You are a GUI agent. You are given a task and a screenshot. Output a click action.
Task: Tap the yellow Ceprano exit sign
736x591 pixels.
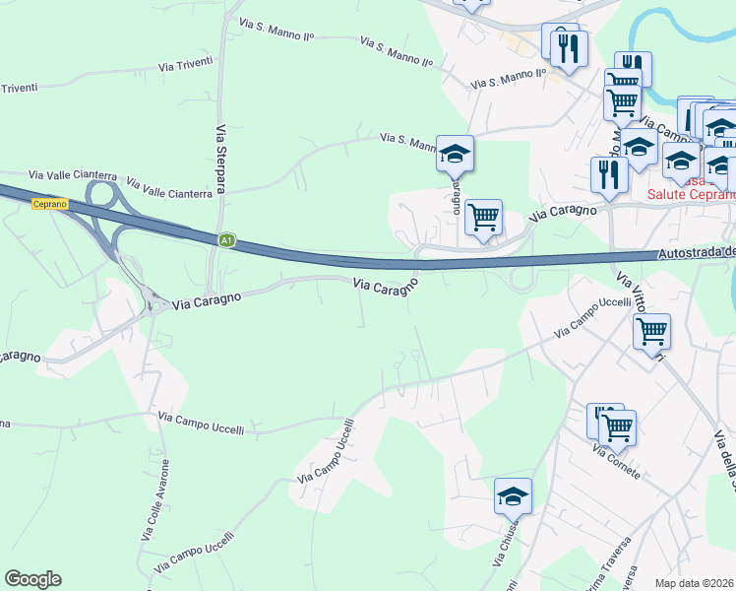pos(48,204)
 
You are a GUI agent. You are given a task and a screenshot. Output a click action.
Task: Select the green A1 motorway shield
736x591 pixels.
pos(226,239)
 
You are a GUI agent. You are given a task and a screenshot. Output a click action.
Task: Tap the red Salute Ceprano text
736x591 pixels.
pos(691,194)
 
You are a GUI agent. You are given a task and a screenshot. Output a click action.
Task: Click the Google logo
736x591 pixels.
pos(32,579)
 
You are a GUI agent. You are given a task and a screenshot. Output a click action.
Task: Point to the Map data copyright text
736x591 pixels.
pos(695,583)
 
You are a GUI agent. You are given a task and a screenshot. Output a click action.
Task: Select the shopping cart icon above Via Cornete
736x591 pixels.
pos(618,427)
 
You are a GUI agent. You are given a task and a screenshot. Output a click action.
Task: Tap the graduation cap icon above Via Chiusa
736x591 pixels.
pos(513,495)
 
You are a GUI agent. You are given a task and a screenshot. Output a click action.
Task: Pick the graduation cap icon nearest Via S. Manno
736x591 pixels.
pos(455,153)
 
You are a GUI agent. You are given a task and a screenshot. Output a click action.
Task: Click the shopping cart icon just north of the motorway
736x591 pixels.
pos(483,217)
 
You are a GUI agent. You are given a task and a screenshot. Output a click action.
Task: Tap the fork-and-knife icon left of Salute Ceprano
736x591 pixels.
pos(609,173)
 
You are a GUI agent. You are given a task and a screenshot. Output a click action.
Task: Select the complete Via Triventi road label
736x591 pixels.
pos(186,66)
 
